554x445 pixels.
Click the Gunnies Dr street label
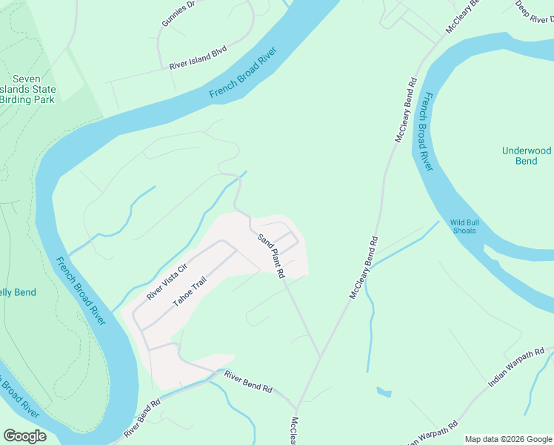pyautogui.click(x=178, y=13)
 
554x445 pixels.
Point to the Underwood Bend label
pyautogui.click(x=527, y=156)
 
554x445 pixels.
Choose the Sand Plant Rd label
pyautogui.click(x=272, y=256)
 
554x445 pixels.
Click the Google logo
pyautogui.click(x=24, y=436)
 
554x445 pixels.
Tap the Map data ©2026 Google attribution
pyautogui.click(x=507, y=439)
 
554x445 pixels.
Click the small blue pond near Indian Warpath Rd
pyautogui.click(x=384, y=391)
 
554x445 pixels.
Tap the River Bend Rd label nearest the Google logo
pyautogui.click(x=142, y=420)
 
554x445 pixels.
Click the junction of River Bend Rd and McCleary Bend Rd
pyautogui.click(x=296, y=409)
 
